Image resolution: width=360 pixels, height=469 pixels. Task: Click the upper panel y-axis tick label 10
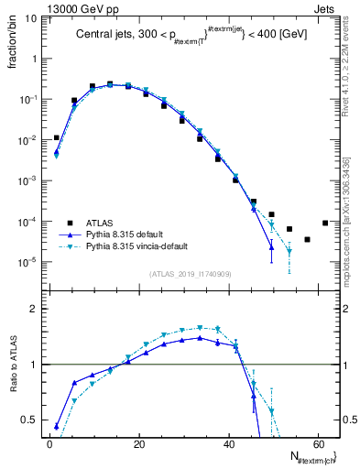tap(31, 18)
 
